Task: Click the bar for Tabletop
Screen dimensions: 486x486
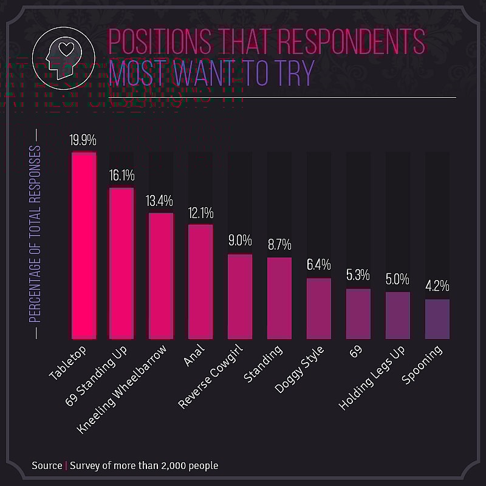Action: [84, 245]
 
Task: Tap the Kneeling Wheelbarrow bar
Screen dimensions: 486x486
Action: [161, 276]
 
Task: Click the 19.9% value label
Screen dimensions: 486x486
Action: [83, 140]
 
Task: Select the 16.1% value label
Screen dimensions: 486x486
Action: [122, 176]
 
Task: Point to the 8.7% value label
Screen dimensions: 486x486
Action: [279, 245]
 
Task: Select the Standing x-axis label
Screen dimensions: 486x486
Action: [264, 364]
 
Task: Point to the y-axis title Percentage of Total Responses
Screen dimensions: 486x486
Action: [35, 233]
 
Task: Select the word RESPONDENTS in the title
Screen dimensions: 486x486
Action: [353, 42]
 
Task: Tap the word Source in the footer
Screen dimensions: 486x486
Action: [47, 466]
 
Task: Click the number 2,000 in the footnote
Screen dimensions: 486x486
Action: [169, 466]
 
